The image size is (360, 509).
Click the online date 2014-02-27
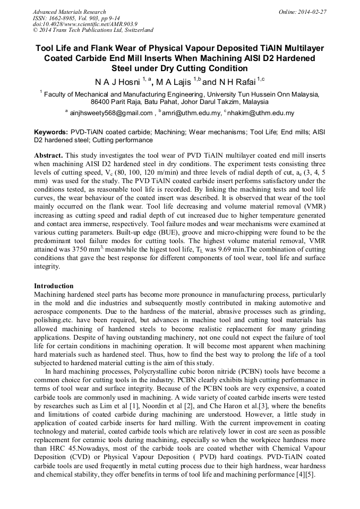(313, 11)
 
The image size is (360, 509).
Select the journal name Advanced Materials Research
(69, 11)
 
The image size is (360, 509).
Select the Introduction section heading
(54, 286)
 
